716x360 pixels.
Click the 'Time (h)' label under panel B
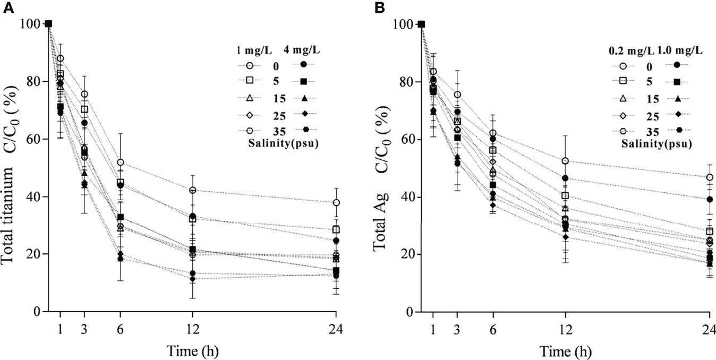(565, 351)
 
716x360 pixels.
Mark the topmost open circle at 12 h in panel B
(565, 161)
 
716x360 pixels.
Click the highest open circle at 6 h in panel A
(121, 162)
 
